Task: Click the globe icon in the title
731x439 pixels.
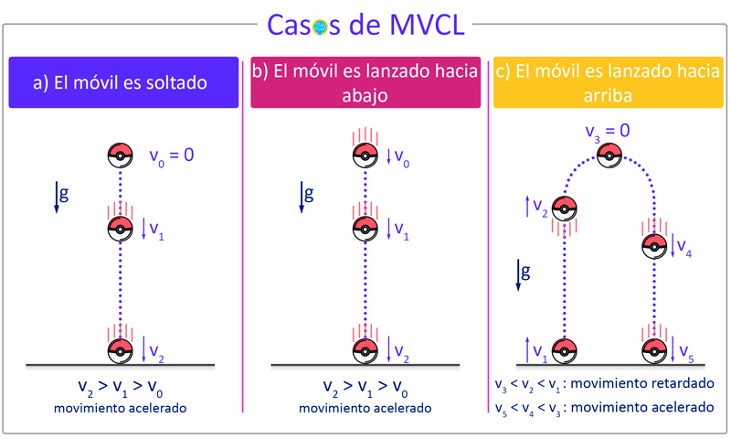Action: tap(320, 27)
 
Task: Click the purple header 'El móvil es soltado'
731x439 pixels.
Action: tap(123, 82)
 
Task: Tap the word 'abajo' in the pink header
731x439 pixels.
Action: tap(365, 96)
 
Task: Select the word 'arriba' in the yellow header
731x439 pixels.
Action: tap(608, 96)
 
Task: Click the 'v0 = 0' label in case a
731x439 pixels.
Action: tap(172, 155)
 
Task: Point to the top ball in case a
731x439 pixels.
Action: tap(121, 155)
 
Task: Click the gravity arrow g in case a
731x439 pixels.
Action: tap(57, 197)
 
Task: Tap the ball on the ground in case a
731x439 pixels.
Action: tap(121, 351)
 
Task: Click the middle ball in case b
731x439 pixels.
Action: tap(365, 229)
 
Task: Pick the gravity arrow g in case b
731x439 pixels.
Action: tap(302, 197)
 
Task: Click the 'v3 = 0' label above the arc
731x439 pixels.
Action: tap(608, 132)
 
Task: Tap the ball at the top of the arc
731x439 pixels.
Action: tap(609, 155)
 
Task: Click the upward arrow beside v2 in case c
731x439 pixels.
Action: tap(527, 206)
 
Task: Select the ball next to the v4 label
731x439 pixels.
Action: tap(654, 246)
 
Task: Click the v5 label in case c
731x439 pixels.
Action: tap(686, 353)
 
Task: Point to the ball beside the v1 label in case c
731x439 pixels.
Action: tap(564, 351)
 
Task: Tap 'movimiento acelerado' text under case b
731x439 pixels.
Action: tap(365, 408)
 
